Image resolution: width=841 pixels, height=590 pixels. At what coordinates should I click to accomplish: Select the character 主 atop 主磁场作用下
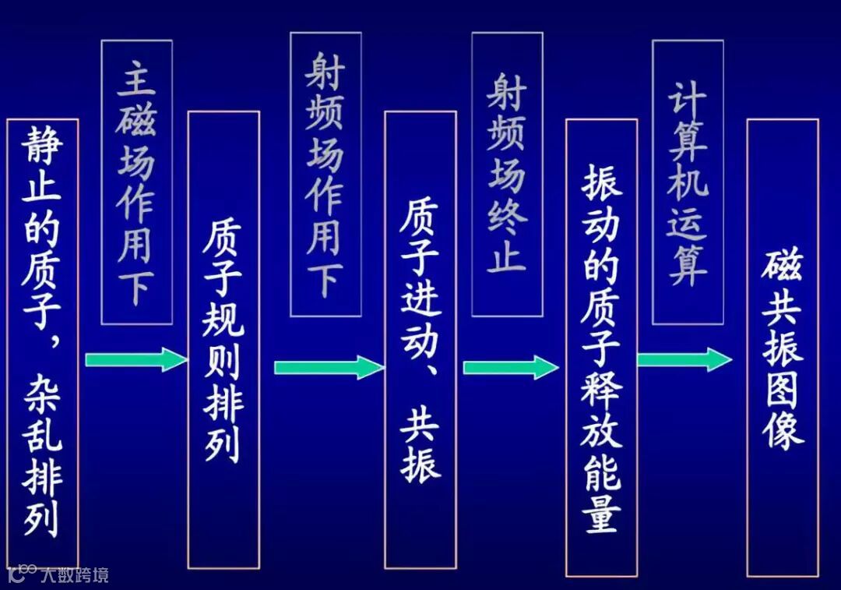136,79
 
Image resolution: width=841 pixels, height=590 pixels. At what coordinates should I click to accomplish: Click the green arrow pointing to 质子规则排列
136,359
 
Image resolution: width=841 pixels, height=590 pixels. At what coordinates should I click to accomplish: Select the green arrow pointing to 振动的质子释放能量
511,366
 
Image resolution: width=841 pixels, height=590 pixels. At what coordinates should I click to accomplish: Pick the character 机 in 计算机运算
688,184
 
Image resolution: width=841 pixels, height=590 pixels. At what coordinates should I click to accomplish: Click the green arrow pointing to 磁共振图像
684,359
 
